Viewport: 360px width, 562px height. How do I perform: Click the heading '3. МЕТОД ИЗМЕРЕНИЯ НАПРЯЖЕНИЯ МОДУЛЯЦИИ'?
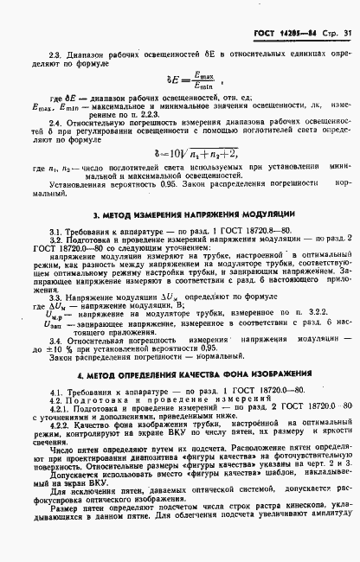point(183,214)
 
